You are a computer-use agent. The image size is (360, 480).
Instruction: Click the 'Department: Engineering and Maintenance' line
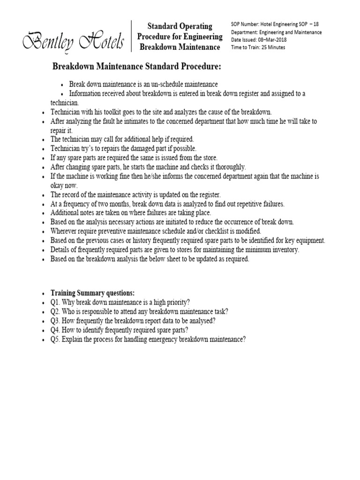click(276, 32)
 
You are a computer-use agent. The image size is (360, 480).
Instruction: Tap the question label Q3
click(56, 321)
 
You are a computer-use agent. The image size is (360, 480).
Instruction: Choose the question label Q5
click(56, 339)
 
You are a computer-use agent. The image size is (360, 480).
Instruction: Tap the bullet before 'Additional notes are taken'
click(44, 213)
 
